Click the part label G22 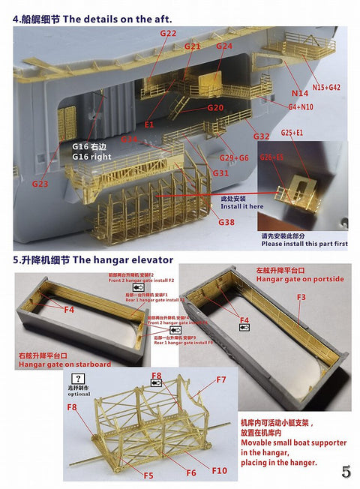click(x=169, y=34)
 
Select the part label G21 click(x=193, y=46)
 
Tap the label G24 click(x=224, y=46)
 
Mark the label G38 click(x=226, y=222)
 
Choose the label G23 click(x=41, y=183)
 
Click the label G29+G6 click(x=233, y=157)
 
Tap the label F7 click(x=221, y=379)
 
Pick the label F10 click(x=220, y=470)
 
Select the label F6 click(x=191, y=473)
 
